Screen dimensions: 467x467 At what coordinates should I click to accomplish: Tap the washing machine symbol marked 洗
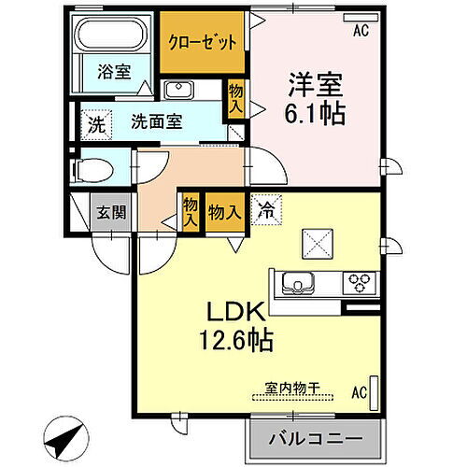coord(95,120)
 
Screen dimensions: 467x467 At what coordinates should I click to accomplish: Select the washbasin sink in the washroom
coord(177,90)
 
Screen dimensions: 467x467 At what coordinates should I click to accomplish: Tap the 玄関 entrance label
coord(111,212)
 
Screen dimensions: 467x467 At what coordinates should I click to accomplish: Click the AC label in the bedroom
coord(360,31)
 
